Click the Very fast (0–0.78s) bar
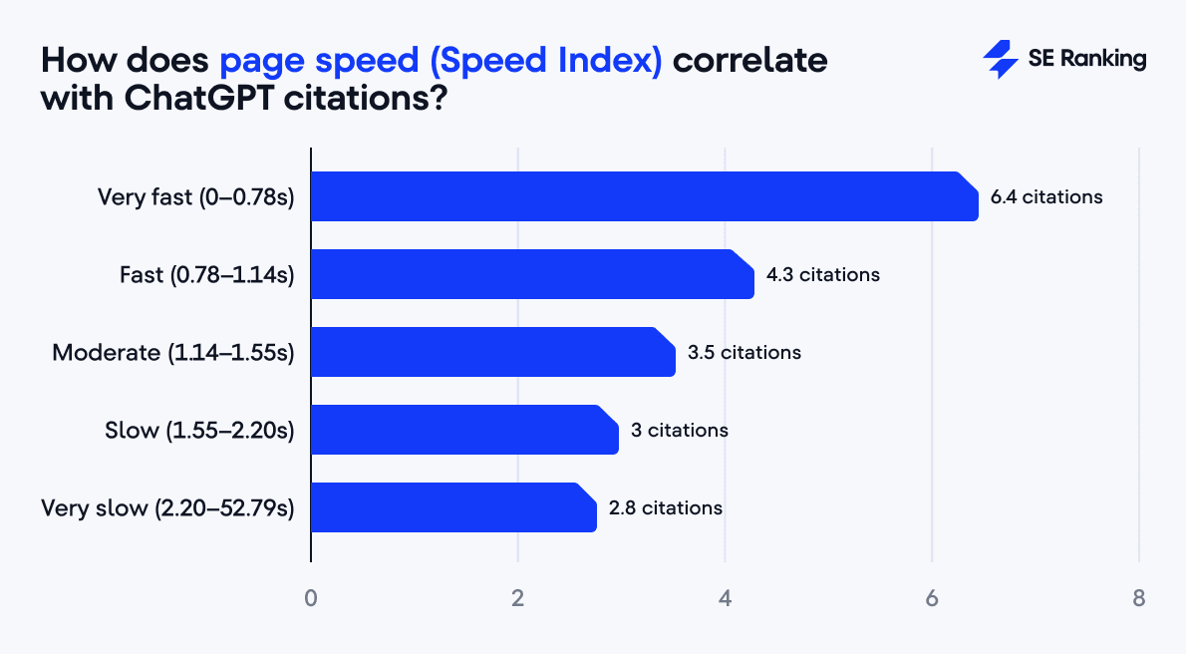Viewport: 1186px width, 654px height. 644,196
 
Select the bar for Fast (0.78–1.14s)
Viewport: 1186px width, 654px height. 532,274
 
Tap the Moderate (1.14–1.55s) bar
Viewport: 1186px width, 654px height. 492,352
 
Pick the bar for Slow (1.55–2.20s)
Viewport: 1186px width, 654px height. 464,430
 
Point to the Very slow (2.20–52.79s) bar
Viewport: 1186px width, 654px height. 453,507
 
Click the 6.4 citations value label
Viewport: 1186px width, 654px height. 1046,197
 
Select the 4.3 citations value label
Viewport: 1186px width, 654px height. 823,274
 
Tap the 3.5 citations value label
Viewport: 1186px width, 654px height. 744,352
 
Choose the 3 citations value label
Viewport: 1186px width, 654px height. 680,431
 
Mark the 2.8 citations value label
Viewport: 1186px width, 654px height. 666,508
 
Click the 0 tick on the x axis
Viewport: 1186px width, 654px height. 311,599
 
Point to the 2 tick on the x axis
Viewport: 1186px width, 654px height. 518,599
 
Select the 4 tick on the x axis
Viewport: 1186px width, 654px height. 725,599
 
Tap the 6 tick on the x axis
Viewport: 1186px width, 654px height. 932,599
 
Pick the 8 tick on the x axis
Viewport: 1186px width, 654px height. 1138,599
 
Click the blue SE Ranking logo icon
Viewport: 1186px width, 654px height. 1000,60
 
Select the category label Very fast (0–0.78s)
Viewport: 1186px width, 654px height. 196,197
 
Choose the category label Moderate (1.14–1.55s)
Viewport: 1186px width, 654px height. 173,353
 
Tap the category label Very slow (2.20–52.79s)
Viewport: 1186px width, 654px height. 167,508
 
